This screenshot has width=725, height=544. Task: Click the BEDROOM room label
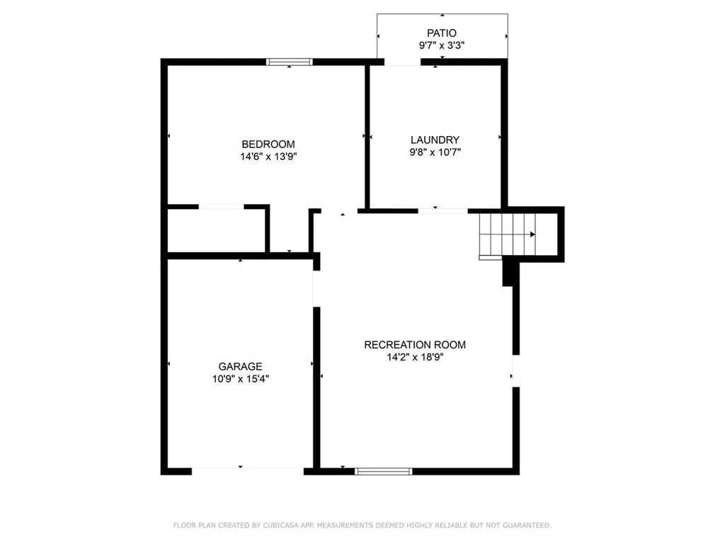pos(268,144)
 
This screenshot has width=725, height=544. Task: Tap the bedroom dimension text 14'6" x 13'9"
pos(268,157)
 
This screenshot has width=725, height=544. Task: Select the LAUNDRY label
pos(435,140)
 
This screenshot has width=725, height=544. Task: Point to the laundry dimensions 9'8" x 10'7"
pos(435,152)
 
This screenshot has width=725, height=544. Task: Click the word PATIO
pos(441,33)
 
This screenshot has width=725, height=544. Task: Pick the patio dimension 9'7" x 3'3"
pos(441,45)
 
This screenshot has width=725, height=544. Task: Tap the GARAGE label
pos(240,366)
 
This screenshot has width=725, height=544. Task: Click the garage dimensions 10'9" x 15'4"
pos(240,379)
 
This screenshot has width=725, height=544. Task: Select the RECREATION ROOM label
pos(415,345)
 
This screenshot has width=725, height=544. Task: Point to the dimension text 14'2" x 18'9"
pos(415,358)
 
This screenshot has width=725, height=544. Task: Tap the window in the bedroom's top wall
pos(290,62)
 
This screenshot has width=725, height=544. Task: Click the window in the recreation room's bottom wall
pos(383,470)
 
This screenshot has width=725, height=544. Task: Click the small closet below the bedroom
pos(216,229)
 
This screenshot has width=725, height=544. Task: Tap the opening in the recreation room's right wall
pos(515,370)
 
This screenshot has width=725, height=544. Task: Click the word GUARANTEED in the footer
pos(527,526)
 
